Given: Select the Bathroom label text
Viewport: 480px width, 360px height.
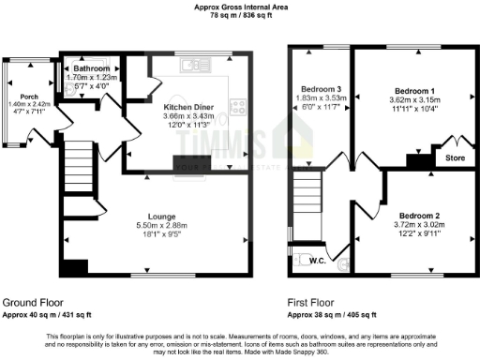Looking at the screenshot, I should pos(92,68).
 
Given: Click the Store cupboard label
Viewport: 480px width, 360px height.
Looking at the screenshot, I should pos(455,157).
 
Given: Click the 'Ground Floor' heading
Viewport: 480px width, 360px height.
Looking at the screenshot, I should pos(33,304).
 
